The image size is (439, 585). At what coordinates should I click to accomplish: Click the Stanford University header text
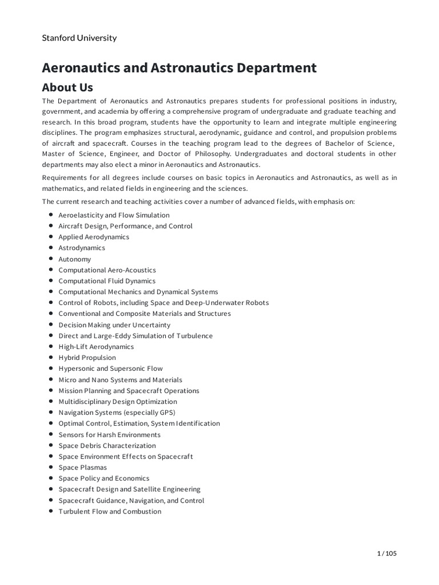click(x=79, y=38)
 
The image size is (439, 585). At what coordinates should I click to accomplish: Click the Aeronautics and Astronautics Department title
click(x=179, y=67)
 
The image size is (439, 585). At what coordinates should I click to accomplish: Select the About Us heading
click(x=67, y=87)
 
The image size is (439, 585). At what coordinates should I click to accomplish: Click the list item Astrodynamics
click(x=82, y=248)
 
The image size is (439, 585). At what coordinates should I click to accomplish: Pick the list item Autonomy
click(x=74, y=259)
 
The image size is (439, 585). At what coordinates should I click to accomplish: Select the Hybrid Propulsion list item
click(x=87, y=358)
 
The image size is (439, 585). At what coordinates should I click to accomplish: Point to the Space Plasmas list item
click(x=82, y=467)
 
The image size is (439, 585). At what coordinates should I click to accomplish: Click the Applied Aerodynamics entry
click(x=94, y=237)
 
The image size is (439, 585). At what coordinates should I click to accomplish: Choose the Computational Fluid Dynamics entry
click(x=107, y=281)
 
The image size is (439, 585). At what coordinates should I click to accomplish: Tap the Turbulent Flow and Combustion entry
click(x=110, y=511)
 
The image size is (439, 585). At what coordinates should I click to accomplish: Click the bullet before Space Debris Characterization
click(x=51, y=445)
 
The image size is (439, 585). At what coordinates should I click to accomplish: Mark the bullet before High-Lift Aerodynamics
click(x=51, y=346)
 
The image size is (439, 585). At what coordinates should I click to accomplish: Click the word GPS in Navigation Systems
click(x=166, y=412)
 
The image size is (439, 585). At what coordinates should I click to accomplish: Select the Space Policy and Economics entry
click(x=104, y=478)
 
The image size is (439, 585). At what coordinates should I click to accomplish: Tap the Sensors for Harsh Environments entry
click(x=109, y=435)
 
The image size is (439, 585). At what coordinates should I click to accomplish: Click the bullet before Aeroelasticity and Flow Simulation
click(x=51, y=215)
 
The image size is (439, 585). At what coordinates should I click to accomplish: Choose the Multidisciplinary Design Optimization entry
click(x=118, y=402)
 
